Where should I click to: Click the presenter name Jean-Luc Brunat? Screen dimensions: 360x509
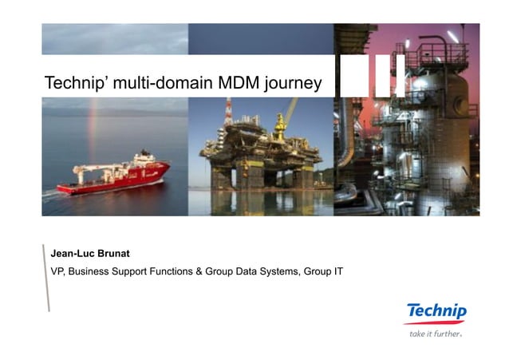click(x=89, y=255)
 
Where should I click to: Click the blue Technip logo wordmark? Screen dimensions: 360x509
click(x=436, y=311)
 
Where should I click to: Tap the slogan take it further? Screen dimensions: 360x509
click(x=435, y=334)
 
